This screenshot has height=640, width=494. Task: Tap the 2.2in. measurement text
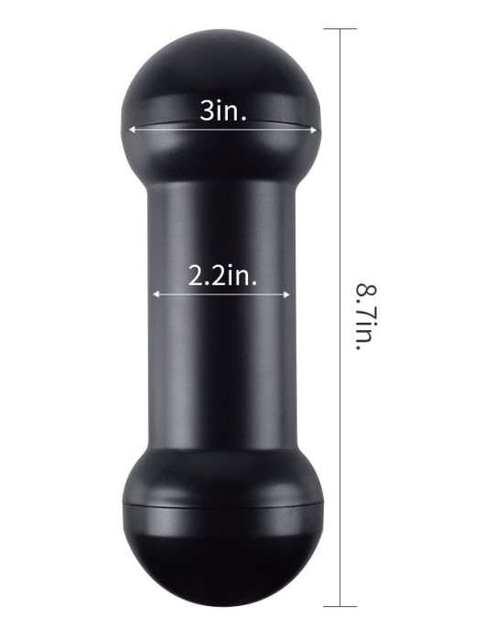222,275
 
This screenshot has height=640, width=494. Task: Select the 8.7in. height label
366,318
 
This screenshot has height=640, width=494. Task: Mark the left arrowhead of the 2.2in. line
156,294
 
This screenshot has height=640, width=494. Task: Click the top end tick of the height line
339,29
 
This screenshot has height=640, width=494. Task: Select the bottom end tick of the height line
339,605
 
